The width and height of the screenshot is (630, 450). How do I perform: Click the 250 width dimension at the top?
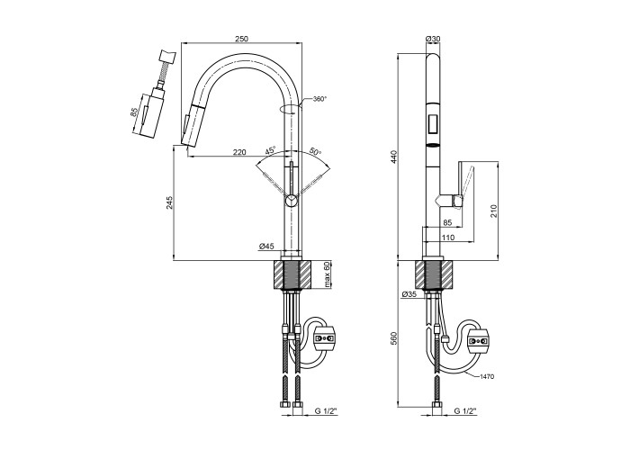click(241, 38)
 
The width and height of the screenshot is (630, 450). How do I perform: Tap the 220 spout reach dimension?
click(239, 152)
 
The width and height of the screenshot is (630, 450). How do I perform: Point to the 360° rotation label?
click(319, 99)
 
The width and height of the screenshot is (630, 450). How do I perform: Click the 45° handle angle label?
click(270, 150)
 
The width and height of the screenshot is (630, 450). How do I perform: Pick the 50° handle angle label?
click(314, 151)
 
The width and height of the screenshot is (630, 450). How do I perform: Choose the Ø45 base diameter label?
click(265, 245)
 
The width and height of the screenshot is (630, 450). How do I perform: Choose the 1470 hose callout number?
click(489, 375)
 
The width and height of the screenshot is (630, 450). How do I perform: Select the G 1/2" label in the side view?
click(465, 411)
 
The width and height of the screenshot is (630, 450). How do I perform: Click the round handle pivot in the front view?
click(291, 202)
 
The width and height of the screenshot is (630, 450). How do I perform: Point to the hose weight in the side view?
click(478, 339)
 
